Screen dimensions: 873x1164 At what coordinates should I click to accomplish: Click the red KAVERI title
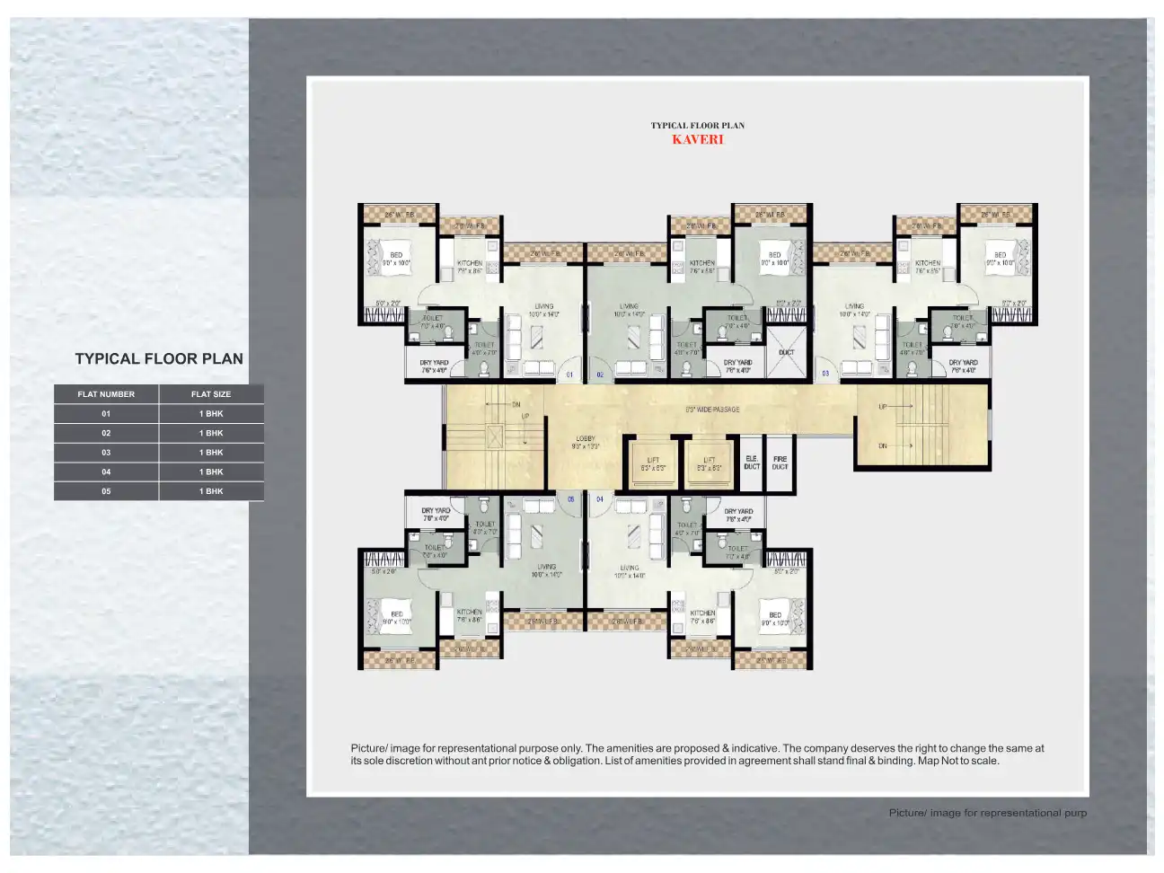pos(697,139)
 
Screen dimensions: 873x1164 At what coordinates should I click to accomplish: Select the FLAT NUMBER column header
pos(106,394)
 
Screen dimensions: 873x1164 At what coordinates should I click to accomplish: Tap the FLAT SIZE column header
pos(211,394)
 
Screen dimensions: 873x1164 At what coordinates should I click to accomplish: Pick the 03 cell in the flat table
pos(106,453)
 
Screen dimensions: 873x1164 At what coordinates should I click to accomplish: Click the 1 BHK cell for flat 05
pos(211,491)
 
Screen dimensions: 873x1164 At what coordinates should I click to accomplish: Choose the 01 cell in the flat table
pos(106,414)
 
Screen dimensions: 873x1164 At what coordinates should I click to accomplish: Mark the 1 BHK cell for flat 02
pos(211,433)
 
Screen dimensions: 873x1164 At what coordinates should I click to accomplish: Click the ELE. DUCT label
pos(752,463)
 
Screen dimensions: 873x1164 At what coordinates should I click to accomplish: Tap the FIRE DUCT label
pos(780,463)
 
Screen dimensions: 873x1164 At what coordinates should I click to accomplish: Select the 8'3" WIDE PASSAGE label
pos(712,410)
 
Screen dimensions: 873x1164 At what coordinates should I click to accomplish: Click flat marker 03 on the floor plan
pos(825,373)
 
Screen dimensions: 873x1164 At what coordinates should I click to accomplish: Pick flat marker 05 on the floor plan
pos(570,499)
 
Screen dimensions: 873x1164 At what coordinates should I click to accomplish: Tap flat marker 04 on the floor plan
pos(599,499)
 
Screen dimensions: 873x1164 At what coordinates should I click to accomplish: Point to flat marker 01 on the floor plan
pos(569,373)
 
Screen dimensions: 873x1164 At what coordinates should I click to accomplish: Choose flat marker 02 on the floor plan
pos(599,373)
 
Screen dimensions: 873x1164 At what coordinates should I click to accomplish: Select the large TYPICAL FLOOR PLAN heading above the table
pos(159,358)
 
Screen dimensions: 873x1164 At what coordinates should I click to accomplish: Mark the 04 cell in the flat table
pos(106,472)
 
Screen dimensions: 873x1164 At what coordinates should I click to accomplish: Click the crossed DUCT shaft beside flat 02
pos(786,351)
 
